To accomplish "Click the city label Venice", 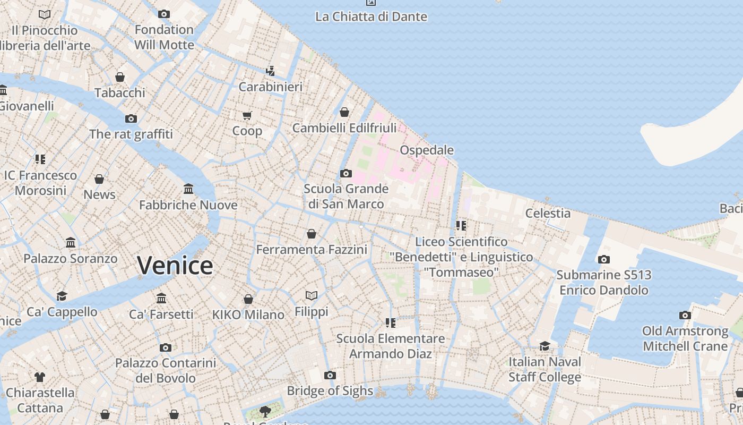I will (x=175, y=265).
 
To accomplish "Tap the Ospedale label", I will (x=427, y=150).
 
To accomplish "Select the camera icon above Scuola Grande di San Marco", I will (x=346, y=173).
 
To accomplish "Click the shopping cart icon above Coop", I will (x=247, y=115).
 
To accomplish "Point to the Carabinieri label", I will (x=271, y=87).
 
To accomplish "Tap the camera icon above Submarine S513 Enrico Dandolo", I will (x=603, y=260).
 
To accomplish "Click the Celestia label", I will (x=548, y=213).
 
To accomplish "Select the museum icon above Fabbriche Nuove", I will (x=188, y=189).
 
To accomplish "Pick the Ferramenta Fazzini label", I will (x=312, y=249).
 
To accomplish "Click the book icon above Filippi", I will (x=312, y=295).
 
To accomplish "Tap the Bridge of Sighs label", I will (x=330, y=391).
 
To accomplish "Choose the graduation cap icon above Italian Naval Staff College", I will (x=545, y=346).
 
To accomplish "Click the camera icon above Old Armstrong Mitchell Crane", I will (x=685, y=316).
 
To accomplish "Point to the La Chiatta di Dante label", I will (x=371, y=16).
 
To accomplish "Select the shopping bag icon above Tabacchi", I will (x=120, y=77).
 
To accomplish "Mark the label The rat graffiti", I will (x=131, y=134).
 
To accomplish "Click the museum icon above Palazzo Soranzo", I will (x=71, y=243).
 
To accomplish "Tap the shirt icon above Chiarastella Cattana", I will (x=40, y=377).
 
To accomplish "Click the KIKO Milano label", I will (x=248, y=314).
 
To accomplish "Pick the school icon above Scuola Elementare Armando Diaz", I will (x=391, y=322).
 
